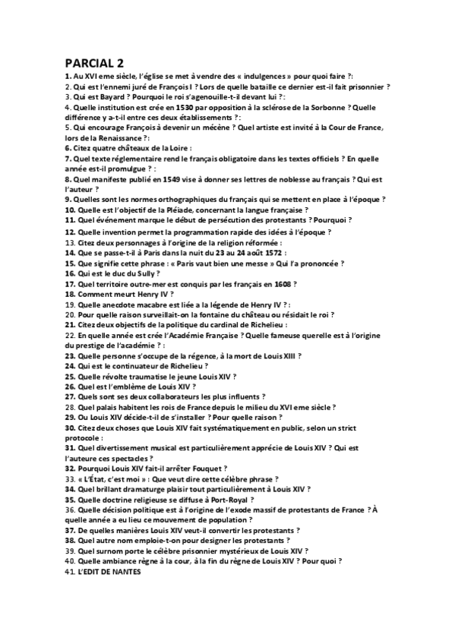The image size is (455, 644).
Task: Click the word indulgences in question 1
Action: tap(247, 77)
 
